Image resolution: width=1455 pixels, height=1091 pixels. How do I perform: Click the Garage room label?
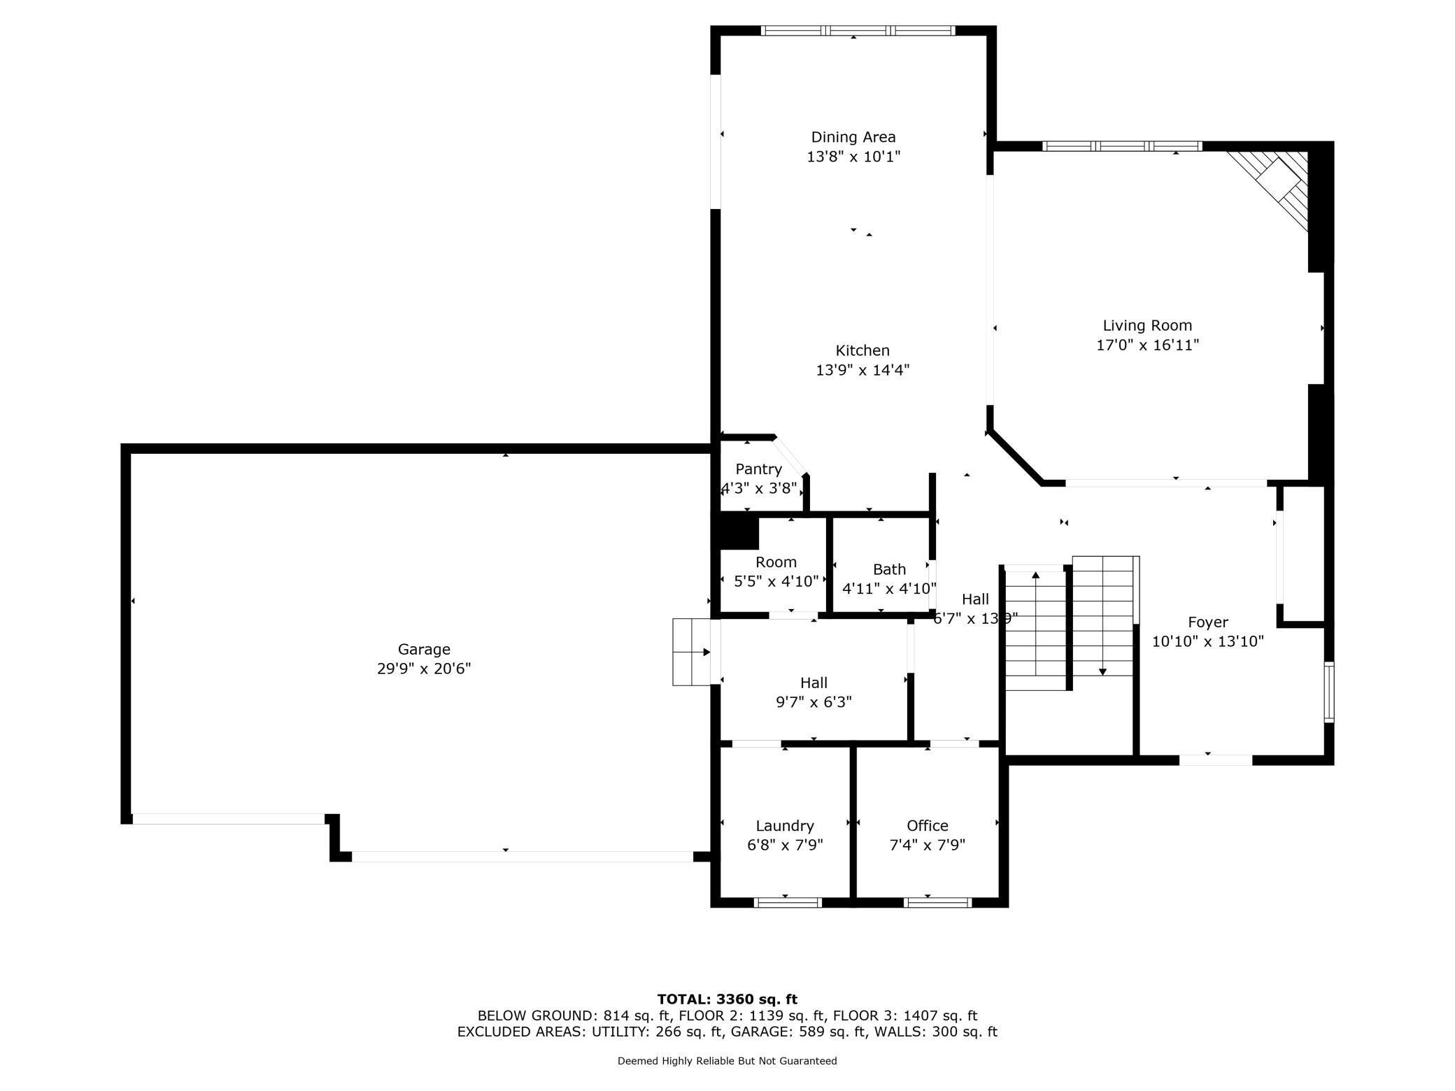(x=424, y=649)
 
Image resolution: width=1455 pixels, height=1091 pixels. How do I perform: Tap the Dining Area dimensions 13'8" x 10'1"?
(x=853, y=156)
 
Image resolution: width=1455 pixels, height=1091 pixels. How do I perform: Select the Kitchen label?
(x=863, y=350)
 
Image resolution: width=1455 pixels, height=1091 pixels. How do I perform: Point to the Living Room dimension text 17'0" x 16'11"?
(x=1147, y=345)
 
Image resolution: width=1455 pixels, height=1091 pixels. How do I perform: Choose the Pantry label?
(x=758, y=469)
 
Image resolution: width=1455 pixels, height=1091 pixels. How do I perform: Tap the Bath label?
(x=889, y=569)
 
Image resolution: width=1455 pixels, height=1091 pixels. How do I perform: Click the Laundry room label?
(x=785, y=826)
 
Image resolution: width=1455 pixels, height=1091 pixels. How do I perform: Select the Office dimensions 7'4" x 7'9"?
(x=927, y=845)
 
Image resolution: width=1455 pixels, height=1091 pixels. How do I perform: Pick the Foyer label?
(x=1208, y=622)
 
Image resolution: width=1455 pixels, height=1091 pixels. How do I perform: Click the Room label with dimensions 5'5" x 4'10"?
(x=776, y=562)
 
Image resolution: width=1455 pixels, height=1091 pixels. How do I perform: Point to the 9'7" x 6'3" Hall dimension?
(x=814, y=701)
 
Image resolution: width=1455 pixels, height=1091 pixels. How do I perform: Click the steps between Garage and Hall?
(x=692, y=652)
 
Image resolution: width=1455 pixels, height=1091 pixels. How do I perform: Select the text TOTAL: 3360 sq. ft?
(x=727, y=999)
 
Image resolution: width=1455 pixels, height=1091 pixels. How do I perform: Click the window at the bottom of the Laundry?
(x=788, y=903)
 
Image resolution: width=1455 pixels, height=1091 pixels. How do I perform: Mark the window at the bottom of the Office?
(x=938, y=903)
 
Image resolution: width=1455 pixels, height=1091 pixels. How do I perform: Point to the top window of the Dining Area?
(x=858, y=30)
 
